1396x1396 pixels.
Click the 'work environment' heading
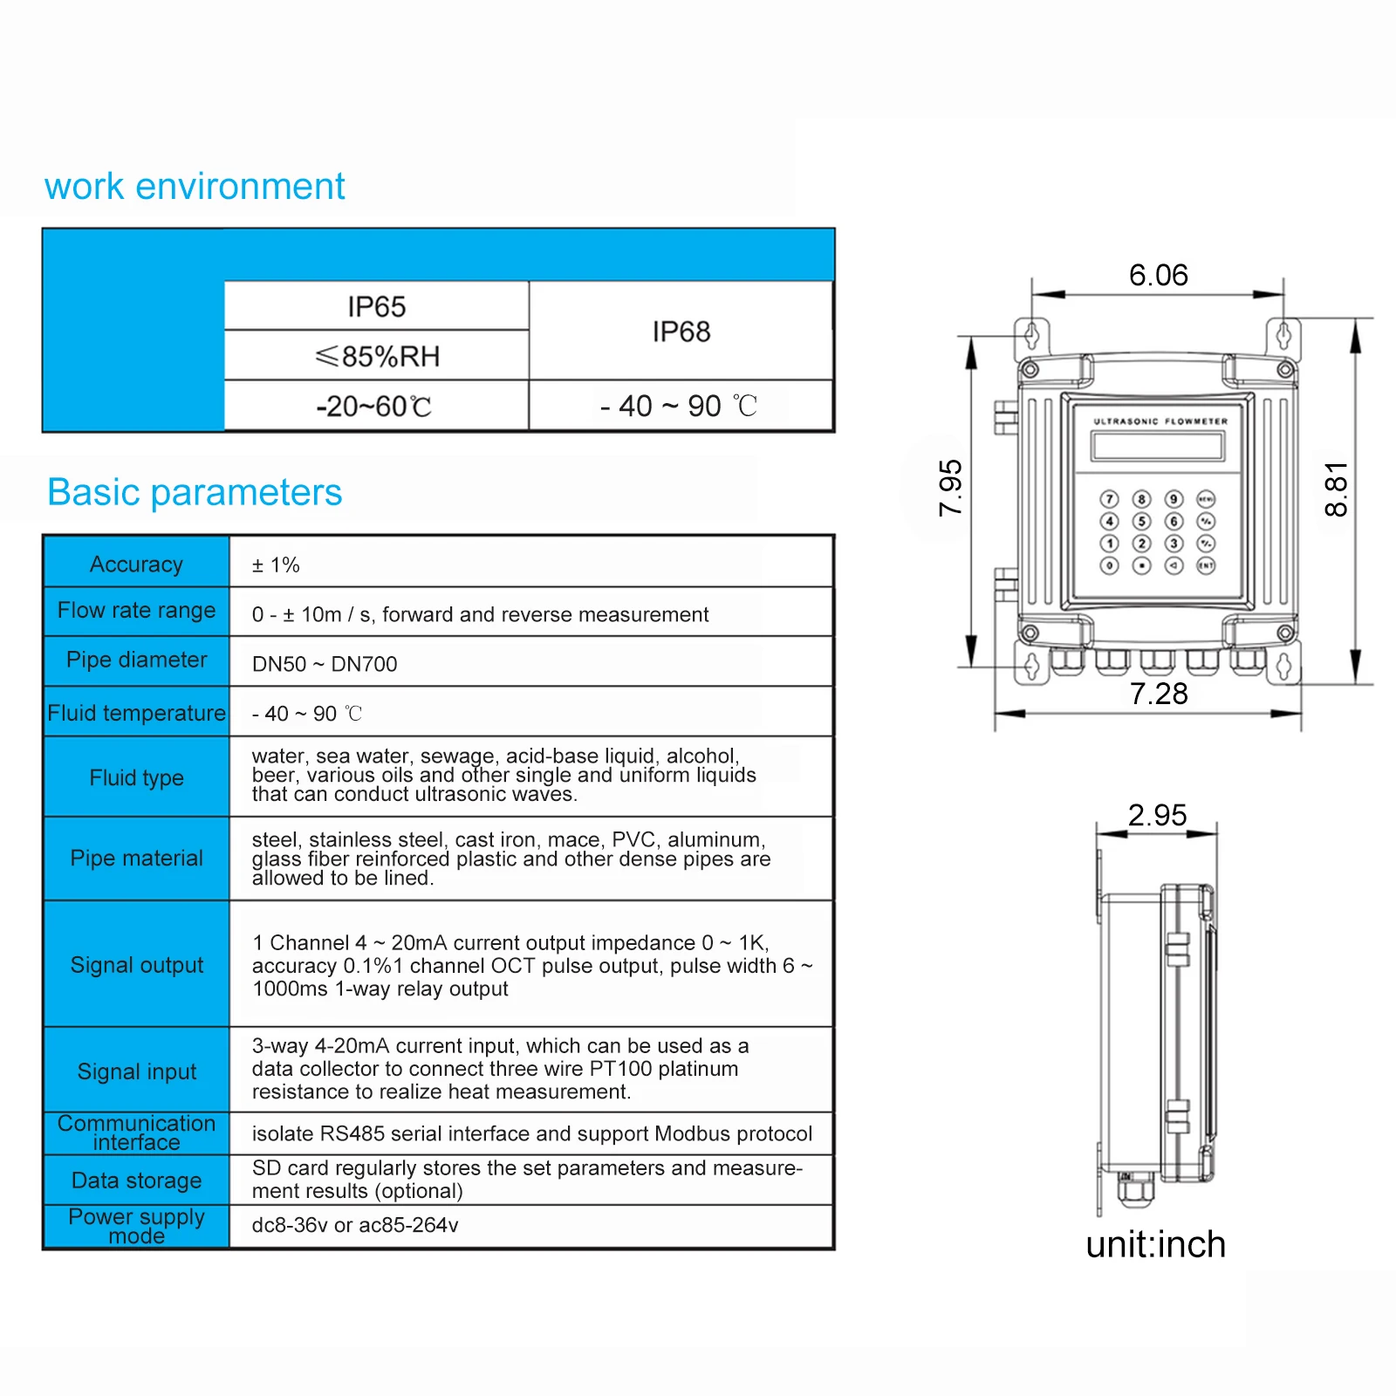pos(195,187)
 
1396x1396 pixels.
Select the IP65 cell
pos(376,306)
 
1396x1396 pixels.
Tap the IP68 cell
pos(681,332)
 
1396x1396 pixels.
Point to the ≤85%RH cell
pos(376,356)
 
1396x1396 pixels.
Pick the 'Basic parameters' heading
pos(195,492)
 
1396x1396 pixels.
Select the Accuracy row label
pos(136,565)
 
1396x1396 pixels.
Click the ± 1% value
pos(276,565)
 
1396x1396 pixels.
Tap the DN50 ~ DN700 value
pos(325,664)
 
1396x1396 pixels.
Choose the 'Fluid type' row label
pos(136,777)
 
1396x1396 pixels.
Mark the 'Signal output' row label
pos(136,965)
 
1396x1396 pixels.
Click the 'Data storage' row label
pos(136,1180)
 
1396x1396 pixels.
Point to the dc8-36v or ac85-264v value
pos(355,1225)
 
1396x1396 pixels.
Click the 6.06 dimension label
pos(1158,276)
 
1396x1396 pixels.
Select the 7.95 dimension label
pos(950,489)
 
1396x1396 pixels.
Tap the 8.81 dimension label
pos(1336,489)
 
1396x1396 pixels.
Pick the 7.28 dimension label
pos(1159,694)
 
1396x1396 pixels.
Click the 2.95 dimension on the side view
pos(1157,815)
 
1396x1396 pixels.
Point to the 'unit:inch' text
pos(1155,1244)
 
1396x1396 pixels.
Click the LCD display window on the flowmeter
pos(1158,446)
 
